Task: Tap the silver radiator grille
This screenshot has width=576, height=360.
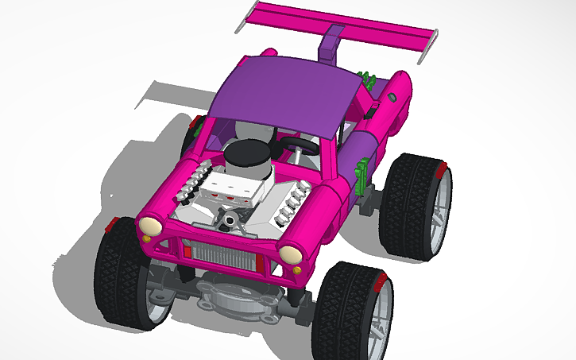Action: click(x=230, y=254)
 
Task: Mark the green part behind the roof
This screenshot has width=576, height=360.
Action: click(x=367, y=79)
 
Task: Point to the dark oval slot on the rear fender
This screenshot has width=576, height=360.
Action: click(x=392, y=97)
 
